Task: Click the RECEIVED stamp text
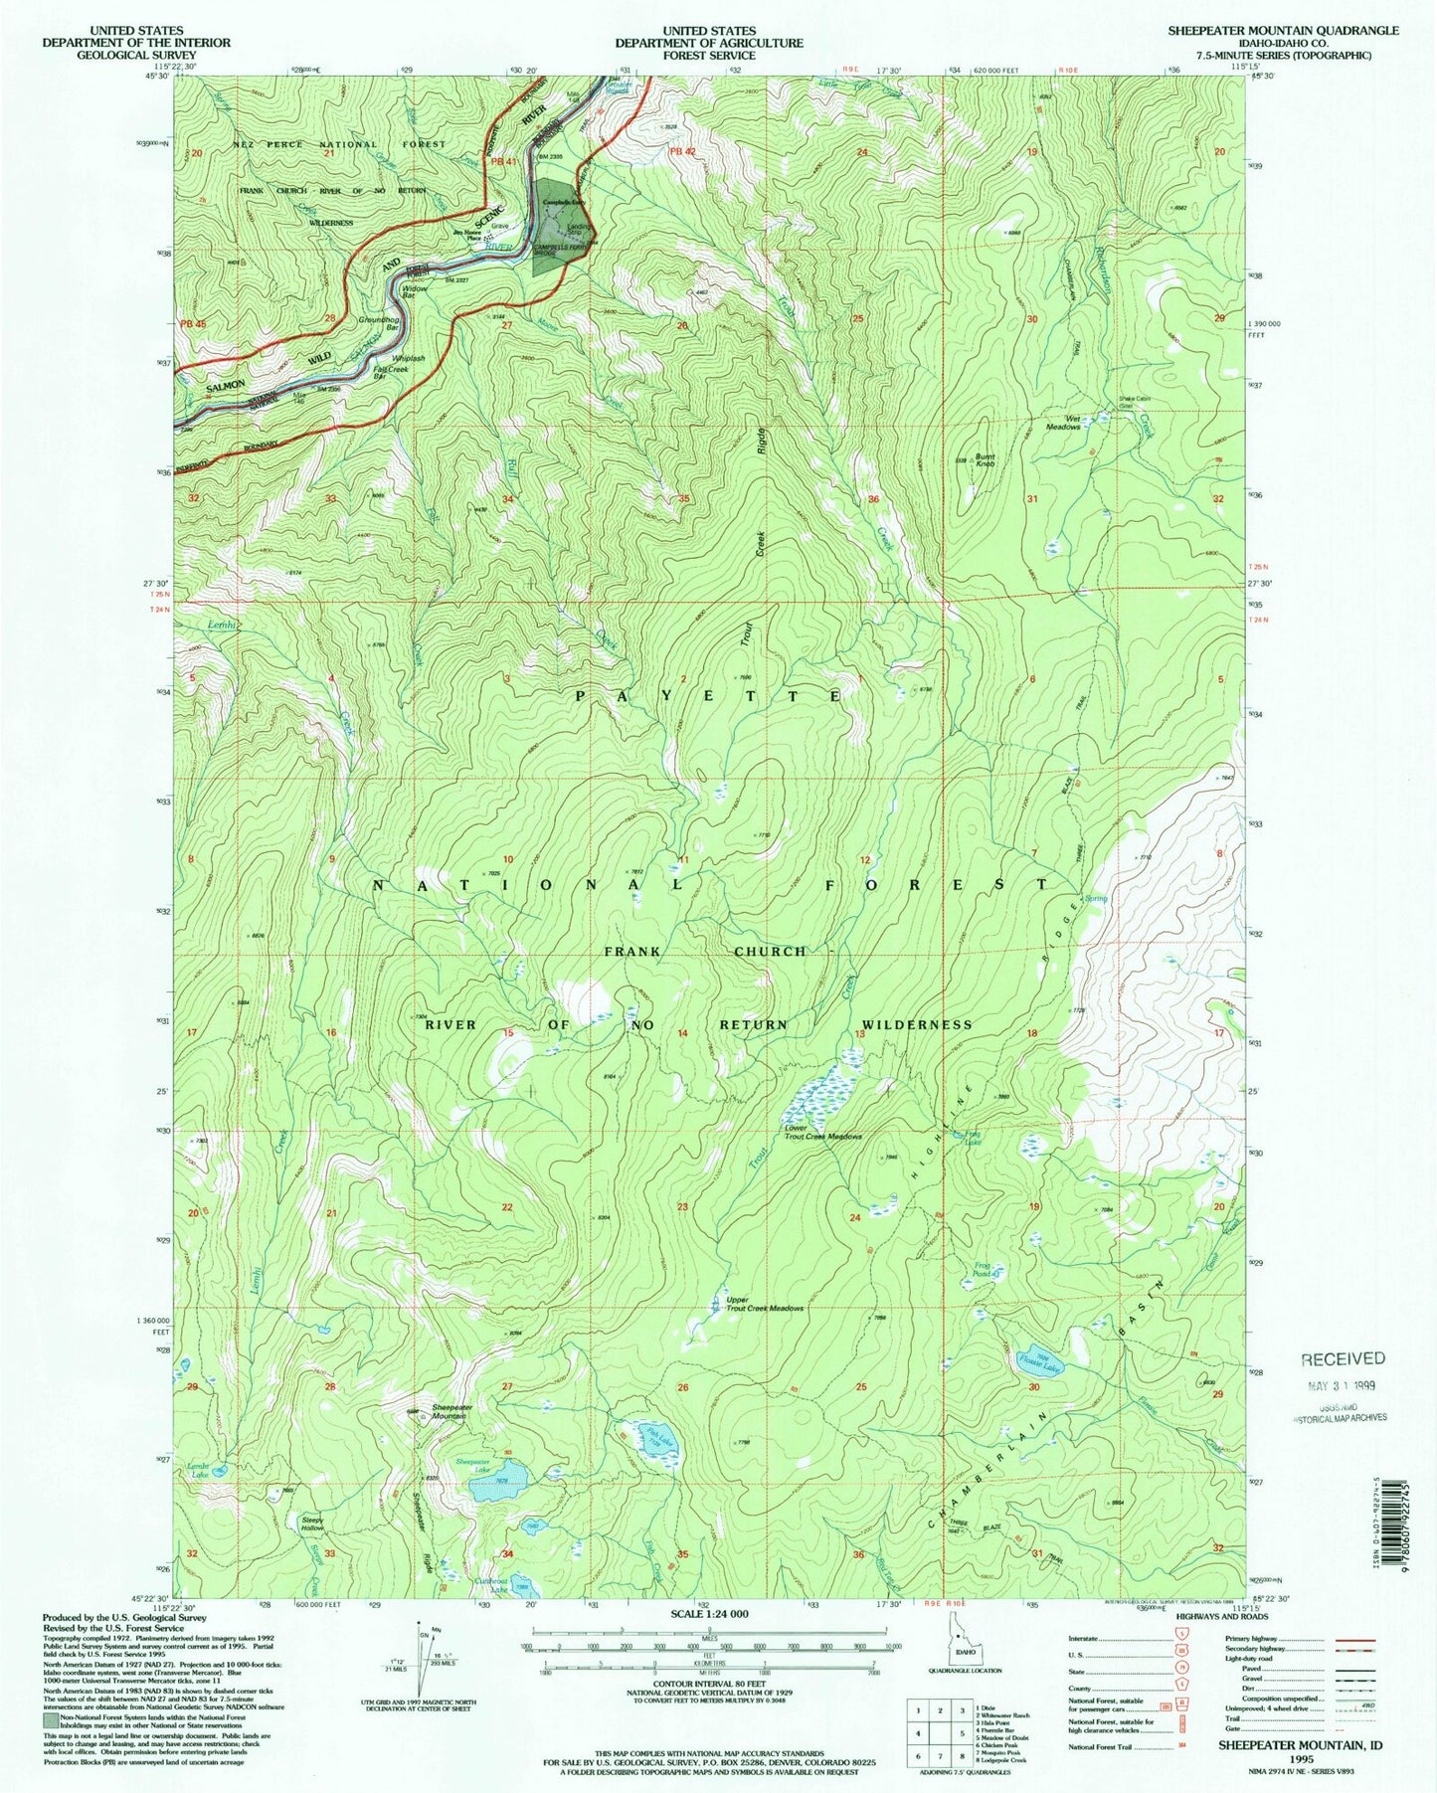point(1342,1358)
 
